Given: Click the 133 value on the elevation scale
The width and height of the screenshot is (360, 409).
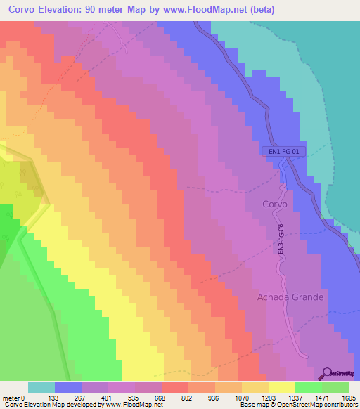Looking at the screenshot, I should pos(54,398).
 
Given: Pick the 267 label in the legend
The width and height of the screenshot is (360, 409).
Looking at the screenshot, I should pos(82,398).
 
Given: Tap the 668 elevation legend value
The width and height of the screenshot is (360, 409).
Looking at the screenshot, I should pos(161,398).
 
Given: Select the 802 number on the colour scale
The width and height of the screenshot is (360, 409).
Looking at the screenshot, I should pos(188,398).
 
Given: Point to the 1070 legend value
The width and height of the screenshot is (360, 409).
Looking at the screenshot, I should pos(241,398).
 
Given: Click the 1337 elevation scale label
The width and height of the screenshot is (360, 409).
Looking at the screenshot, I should pos(295,398).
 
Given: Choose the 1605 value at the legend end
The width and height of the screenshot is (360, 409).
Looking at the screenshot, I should pos(348,398).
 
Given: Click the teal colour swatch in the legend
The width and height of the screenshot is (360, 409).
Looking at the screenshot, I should pos(41,387).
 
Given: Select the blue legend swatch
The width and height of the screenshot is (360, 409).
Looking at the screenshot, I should pos(68,387).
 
